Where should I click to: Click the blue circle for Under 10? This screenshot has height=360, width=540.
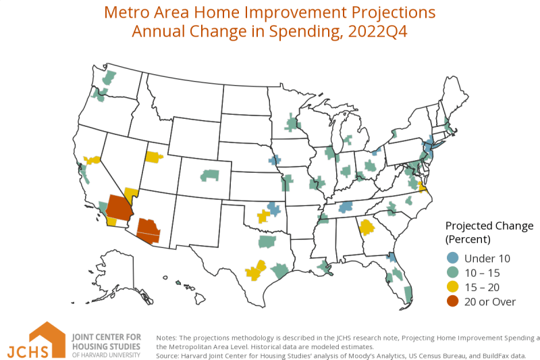(452, 258)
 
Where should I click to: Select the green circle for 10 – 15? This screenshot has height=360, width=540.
(452, 272)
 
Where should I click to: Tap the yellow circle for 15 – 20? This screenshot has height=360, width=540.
(452, 287)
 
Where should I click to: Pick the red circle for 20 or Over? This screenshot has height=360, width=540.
(452, 301)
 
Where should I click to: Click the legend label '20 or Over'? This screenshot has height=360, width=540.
(490, 302)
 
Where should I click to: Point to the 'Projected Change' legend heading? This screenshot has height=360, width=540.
(489, 226)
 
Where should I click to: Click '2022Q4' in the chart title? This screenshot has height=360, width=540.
(378, 31)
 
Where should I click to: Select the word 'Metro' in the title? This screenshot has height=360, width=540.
(127, 12)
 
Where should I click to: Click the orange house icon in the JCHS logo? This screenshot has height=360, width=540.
(47, 338)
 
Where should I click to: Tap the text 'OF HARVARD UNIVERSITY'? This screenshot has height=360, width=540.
(106, 355)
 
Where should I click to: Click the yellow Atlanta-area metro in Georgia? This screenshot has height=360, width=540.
(367, 228)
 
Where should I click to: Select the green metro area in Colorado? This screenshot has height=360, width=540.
(210, 176)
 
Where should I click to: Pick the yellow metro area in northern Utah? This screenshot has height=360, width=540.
(153, 157)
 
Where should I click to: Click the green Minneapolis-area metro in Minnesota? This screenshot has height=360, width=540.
(292, 123)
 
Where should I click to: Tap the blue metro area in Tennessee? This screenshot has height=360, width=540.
(346, 207)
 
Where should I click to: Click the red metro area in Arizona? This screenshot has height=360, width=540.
(148, 231)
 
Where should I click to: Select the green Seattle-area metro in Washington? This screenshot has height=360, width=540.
(109, 77)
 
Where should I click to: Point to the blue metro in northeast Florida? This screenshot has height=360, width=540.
(391, 257)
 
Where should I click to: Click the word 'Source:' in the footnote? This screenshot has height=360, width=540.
(167, 356)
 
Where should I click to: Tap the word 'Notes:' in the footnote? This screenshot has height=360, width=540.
(166, 338)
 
